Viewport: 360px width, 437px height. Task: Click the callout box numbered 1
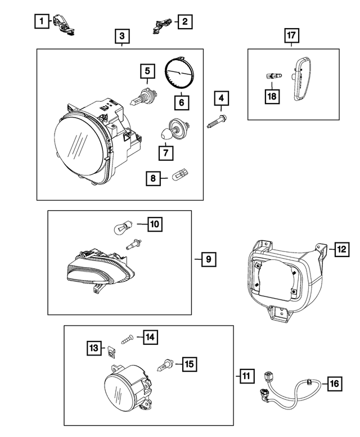pos(40,22)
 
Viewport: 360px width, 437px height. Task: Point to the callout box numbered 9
pos(208,259)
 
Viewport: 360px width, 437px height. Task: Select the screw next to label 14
pos(127,339)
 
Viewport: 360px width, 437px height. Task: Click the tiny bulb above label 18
pos(271,75)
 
